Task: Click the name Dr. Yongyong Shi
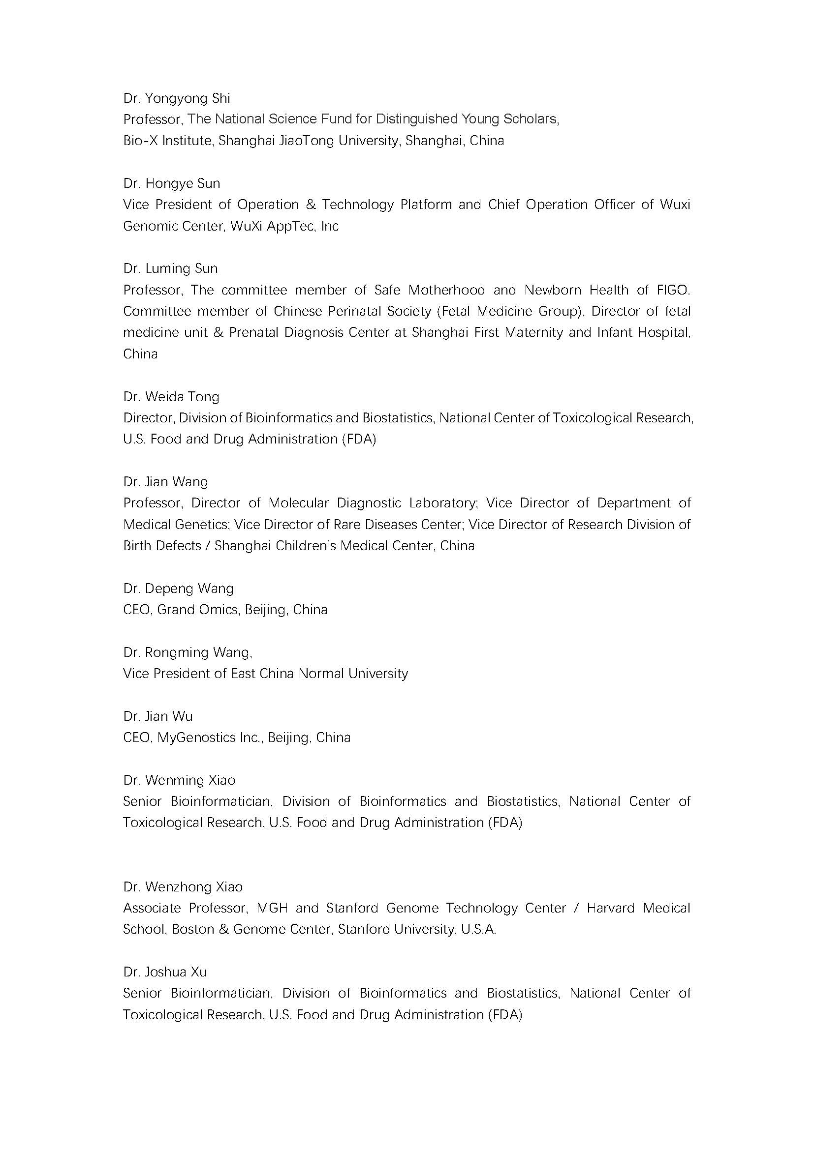coord(177,98)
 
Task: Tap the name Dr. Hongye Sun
coord(171,183)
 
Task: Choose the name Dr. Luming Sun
coord(170,268)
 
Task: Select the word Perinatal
coord(354,312)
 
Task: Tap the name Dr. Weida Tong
coord(171,397)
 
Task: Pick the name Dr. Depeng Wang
coord(178,588)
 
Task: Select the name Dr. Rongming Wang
coord(187,652)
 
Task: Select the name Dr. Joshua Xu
coord(165,972)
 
